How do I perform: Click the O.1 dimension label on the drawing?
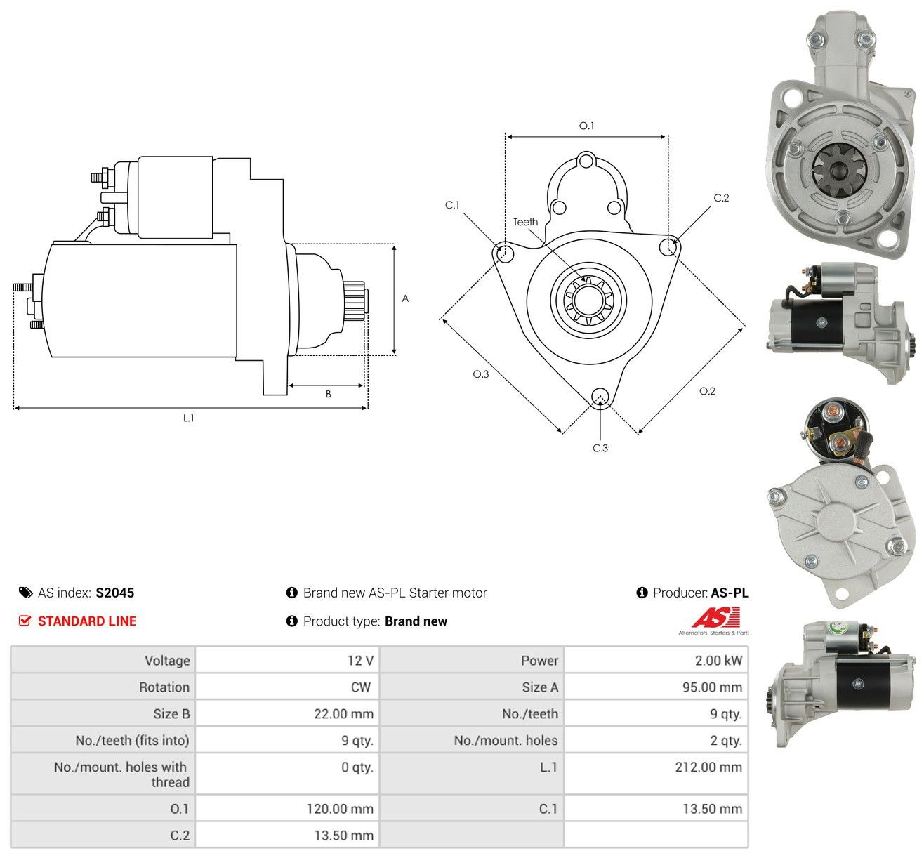(586, 126)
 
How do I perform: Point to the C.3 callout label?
(600, 448)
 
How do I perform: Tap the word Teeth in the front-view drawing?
(525, 222)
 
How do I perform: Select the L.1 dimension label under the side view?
(188, 418)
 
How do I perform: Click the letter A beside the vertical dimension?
(405, 298)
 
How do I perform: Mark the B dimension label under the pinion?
(329, 394)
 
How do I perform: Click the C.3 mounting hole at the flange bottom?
(600, 397)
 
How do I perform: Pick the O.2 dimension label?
(707, 391)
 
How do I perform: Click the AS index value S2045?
(115, 593)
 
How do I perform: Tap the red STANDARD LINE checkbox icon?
(25, 621)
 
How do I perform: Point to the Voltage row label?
(167, 660)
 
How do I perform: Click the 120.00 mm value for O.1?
(340, 809)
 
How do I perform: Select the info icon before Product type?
(291, 621)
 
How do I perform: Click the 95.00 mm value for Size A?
(712, 687)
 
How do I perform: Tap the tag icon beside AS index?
(25, 593)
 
